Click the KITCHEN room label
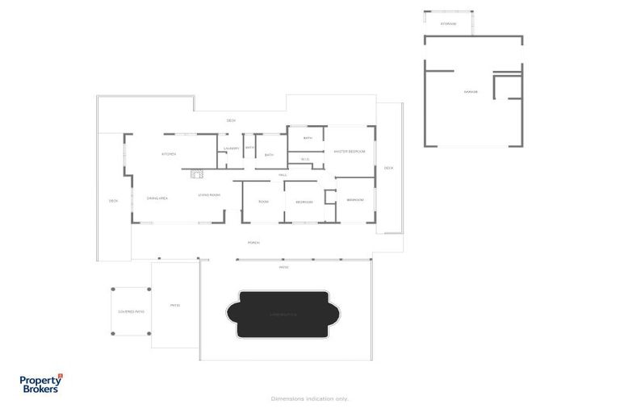pyautogui.click(x=168, y=154)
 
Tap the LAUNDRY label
pyautogui.click(x=232, y=148)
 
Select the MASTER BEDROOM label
pyautogui.click(x=350, y=152)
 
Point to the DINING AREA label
pyautogui.click(x=157, y=198)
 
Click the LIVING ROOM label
pyautogui.click(x=209, y=194)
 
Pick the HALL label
pyautogui.click(x=283, y=175)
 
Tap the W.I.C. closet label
pyautogui.click(x=305, y=159)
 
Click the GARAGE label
pyautogui.click(x=471, y=92)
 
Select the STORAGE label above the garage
pyautogui.click(x=448, y=24)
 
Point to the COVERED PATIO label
pyautogui.click(x=131, y=311)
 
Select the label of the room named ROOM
pyautogui.click(x=263, y=201)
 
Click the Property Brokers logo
pyautogui.click(x=40, y=382)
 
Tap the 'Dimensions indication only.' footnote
pyautogui.click(x=309, y=398)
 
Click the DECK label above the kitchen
pyautogui.click(x=231, y=121)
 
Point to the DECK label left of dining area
pyautogui.click(x=113, y=201)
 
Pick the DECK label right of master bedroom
pyautogui.click(x=388, y=168)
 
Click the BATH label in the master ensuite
pyautogui.click(x=308, y=138)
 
